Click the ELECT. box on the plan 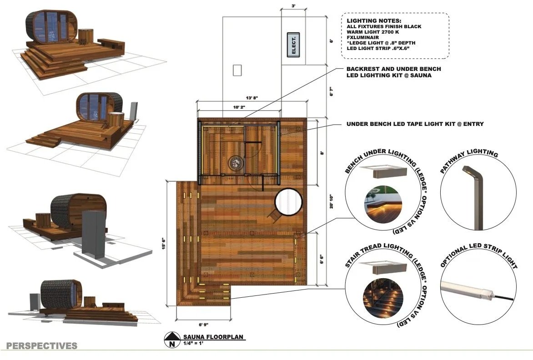click(x=293, y=45)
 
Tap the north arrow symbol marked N click(x=172, y=340)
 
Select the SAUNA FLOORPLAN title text click(x=213, y=337)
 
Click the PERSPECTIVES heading click(x=42, y=346)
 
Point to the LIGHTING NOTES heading click(x=367, y=21)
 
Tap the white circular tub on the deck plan click(x=288, y=202)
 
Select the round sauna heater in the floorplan click(x=236, y=161)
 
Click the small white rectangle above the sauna click(x=236, y=70)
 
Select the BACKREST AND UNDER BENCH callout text click(x=393, y=69)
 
